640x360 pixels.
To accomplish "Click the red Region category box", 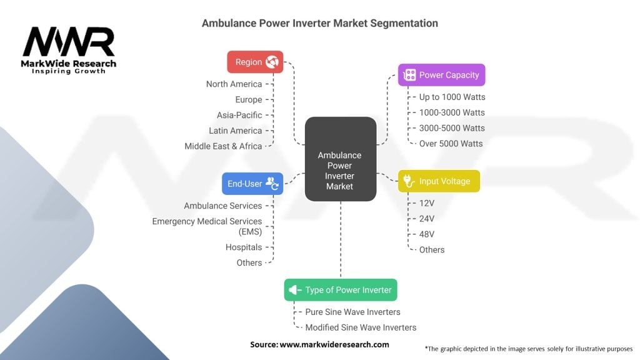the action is [255, 62].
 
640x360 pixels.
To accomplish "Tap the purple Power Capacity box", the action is [442, 75].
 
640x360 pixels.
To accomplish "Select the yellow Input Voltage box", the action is [439, 181].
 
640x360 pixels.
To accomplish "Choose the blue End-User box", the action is [252, 184].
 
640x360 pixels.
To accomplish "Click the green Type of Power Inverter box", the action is [341, 290].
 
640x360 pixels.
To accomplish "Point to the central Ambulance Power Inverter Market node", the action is [341, 159].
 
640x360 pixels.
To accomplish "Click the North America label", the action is [234, 84].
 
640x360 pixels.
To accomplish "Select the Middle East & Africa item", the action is [223, 146].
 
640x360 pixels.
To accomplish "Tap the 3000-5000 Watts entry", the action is [452, 128].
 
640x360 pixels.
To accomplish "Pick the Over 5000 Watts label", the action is [451, 144].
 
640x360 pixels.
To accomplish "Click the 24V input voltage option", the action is [426, 219].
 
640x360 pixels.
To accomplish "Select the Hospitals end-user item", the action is [244, 247].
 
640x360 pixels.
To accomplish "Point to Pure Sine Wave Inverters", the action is [352, 312].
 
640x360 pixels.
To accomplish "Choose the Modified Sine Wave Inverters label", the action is [361, 327].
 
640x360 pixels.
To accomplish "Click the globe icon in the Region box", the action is [272, 62].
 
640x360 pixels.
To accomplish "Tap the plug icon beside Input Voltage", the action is [409, 181].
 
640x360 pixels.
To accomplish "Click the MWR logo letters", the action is [69, 42].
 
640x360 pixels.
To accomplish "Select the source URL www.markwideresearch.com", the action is [334, 344].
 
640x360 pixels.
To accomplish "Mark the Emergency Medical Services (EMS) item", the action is [207, 226].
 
